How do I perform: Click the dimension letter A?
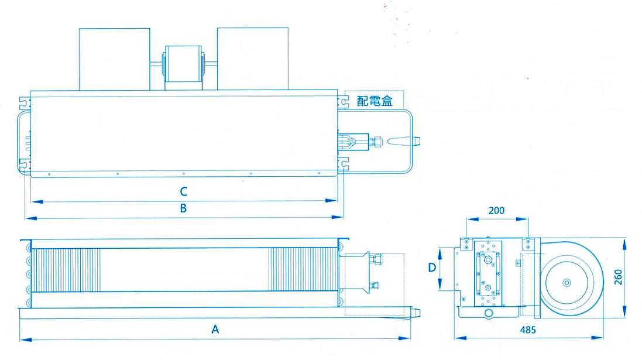click(x=215, y=330)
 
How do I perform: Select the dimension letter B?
click(x=183, y=208)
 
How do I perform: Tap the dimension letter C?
click(x=183, y=191)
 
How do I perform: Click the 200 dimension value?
click(x=496, y=211)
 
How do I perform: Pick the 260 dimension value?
click(x=618, y=276)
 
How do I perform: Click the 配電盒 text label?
click(x=375, y=101)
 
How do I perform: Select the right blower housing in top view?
click(x=252, y=58)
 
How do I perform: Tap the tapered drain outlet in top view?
click(x=403, y=141)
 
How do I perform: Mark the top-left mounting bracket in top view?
click(x=24, y=102)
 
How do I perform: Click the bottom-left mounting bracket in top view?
click(x=24, y=166)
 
